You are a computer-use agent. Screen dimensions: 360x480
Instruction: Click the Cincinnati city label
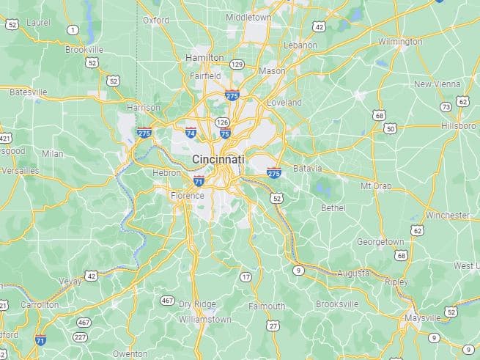(x=218, y=159)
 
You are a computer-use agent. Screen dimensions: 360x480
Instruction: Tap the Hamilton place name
(x=204, y=57)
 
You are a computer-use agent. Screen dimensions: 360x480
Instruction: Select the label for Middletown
(x=248, y=17)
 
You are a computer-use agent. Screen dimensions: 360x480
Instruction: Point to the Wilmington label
(x=400, y=42)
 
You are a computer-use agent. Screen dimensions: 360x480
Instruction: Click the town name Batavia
(x=307, y=169)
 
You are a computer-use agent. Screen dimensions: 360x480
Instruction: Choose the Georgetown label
(x=380, y=241)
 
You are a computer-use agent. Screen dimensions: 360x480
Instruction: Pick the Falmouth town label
(x=267, y=306)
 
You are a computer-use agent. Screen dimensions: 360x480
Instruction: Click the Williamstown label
(x=205, y=320)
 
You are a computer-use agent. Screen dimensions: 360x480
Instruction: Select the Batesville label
(x=28, y=92)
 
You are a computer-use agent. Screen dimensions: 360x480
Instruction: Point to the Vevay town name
(x=70, y=281)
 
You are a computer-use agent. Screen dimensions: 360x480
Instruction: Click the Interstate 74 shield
(x=191, y=133)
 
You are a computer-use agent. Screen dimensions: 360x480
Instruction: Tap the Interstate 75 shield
(x=225, y=133)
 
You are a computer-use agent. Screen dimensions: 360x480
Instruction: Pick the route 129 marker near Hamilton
(x=236, y=65)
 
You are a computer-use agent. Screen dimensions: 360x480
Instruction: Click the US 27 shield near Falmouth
(x=273, y=325)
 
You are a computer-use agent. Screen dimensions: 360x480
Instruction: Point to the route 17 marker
(x=245, y=277)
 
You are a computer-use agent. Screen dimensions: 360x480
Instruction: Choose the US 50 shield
(x=390, y=128)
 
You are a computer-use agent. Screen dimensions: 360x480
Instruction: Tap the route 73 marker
(x=446, y=107)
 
